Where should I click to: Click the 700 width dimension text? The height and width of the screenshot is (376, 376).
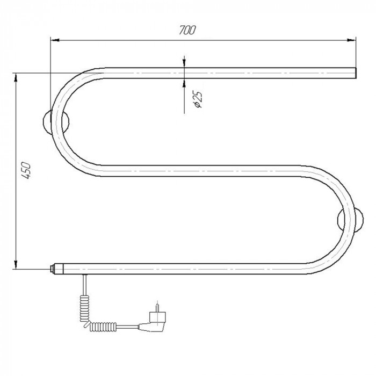tap(187, 30)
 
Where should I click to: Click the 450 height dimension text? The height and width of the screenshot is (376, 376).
tap(26, 171)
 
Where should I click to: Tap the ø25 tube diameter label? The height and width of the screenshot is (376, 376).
tap(198, 99)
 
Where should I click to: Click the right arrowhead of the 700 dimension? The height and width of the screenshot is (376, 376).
tap(351, 40)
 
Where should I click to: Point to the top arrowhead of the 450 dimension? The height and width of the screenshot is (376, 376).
tap(16, 77)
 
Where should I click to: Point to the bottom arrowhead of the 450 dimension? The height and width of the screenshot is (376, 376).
tap(16, 264)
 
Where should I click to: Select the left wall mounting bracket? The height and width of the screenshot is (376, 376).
tap(56, 121)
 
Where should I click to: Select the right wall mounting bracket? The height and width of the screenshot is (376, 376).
tap(350, 220)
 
